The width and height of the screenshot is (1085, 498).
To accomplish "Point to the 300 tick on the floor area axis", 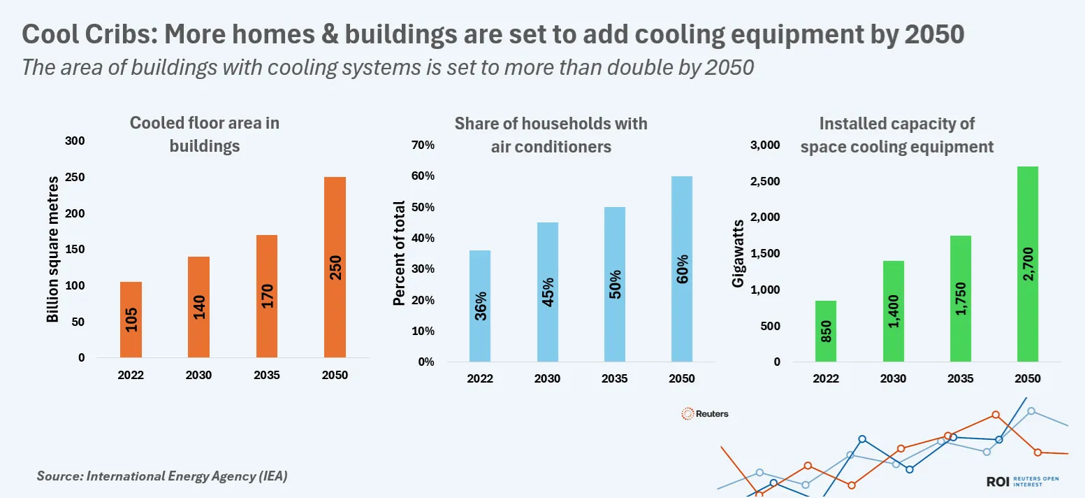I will coord(75,141).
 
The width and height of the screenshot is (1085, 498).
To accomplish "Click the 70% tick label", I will coord(423,145).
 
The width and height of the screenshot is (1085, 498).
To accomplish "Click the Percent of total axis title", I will coord(399,253).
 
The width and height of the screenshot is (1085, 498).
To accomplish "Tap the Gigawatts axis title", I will coord(738,253).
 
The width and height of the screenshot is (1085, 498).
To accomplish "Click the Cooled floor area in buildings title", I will coord(205,134).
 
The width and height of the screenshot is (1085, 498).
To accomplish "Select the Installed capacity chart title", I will coord(896,135).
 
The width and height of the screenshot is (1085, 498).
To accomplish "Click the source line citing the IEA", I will coord(162,476).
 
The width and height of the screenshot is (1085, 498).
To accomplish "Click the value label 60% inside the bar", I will coord(683,269).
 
